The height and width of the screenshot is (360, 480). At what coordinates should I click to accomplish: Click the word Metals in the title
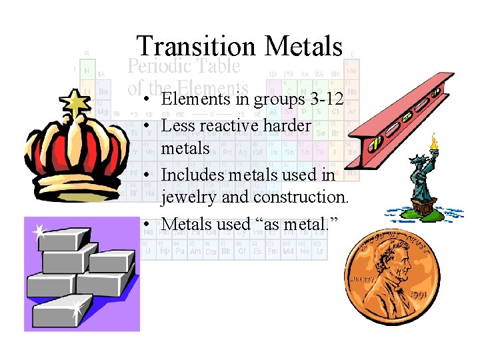(x=303, y=47)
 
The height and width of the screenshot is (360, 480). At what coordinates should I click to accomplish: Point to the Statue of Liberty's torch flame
(x=435, y=141)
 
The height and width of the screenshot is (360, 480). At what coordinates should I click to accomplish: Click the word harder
(x=288, y=125)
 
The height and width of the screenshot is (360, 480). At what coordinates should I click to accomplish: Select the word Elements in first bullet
(x=193, y=100)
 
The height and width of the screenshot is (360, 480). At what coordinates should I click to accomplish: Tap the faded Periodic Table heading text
(x=183, y=67)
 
